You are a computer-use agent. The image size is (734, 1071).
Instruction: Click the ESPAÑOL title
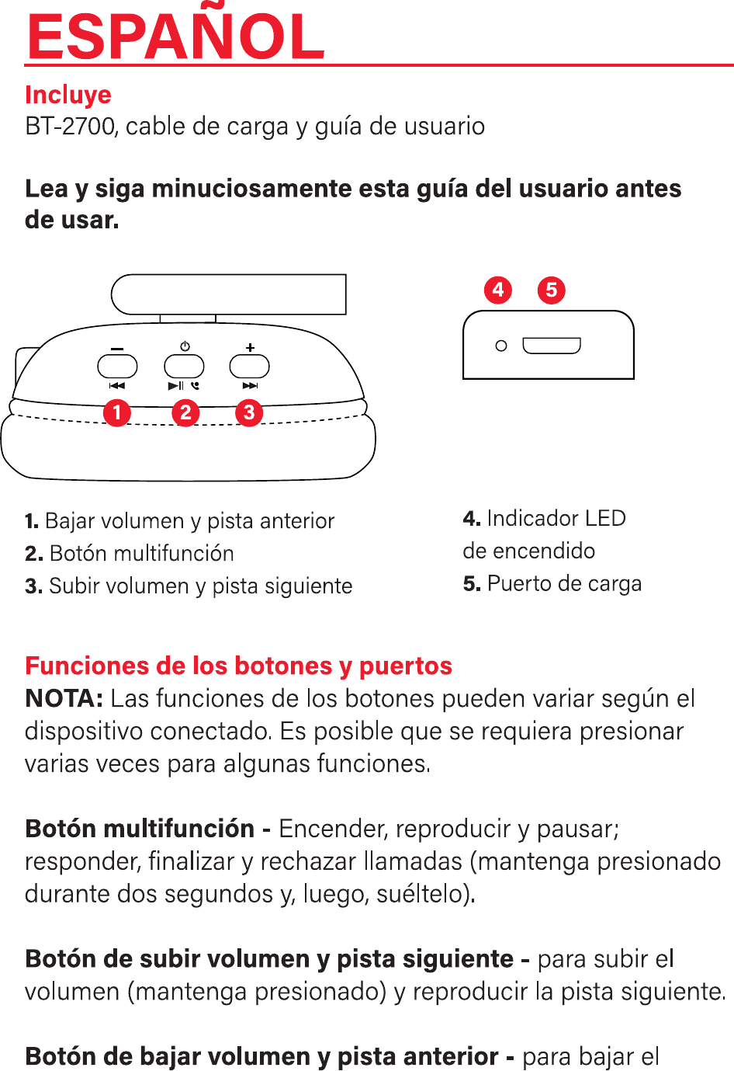coord(175,37)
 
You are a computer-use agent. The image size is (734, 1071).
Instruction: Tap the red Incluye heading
coord(68,95)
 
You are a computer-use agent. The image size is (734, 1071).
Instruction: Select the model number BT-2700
coord(70,126)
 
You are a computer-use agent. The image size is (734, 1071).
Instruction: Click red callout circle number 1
coord(117,412)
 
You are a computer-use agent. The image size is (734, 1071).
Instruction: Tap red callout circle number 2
coord(185,412)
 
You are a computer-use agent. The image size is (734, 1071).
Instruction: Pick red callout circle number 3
coord(249,412)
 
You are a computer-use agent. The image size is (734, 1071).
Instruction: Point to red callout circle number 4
coord(498,290)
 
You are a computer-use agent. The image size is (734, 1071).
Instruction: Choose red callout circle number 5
coord(552,290)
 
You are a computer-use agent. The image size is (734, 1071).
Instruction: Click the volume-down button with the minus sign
coord(117,366)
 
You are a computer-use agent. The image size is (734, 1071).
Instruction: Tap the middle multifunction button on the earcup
coord(184,366)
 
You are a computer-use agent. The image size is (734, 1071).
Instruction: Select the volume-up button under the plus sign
coord(250,366)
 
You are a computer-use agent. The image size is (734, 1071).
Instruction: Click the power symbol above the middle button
coord(185,346)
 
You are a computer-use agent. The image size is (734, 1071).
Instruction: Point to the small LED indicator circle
coord(501,346)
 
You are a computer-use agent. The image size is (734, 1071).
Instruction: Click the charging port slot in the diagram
coord(552,346)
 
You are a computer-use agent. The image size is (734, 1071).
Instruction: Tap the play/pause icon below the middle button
coord(176,385)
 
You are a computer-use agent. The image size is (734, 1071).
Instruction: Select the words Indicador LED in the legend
coord(556,518)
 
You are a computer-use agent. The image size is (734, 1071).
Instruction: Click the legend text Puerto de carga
coord(564,583)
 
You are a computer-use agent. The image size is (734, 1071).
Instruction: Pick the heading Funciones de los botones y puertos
coord(238,666)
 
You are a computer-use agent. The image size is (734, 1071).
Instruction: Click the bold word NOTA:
coord(64,698)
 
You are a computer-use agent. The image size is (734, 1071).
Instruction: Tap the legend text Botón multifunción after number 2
coord(141,553)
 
